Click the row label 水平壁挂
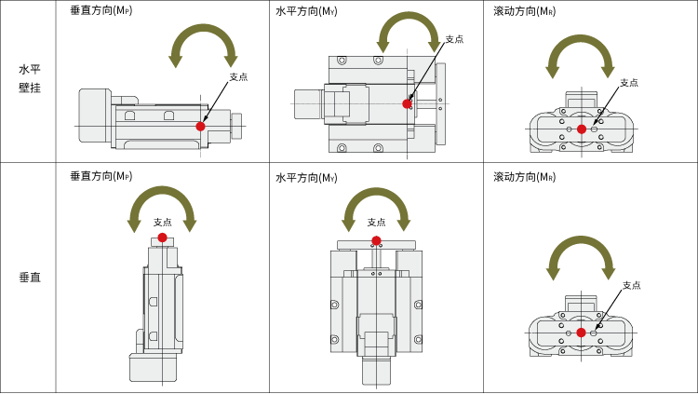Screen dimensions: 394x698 point(29,78)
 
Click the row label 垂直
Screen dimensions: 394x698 point(29,278)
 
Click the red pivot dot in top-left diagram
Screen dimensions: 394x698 point(200,126)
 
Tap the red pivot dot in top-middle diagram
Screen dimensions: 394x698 point(407,103)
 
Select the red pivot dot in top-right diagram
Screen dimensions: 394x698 point(582,129)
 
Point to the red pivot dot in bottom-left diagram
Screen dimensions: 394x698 point(162,238)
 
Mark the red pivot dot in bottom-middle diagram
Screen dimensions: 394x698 point(376,240)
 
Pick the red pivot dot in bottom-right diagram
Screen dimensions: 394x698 point(582,333)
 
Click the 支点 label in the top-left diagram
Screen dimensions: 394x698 point(238,76)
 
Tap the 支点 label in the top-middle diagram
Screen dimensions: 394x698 point(454,39)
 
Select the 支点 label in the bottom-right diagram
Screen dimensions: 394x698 point(632,285)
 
